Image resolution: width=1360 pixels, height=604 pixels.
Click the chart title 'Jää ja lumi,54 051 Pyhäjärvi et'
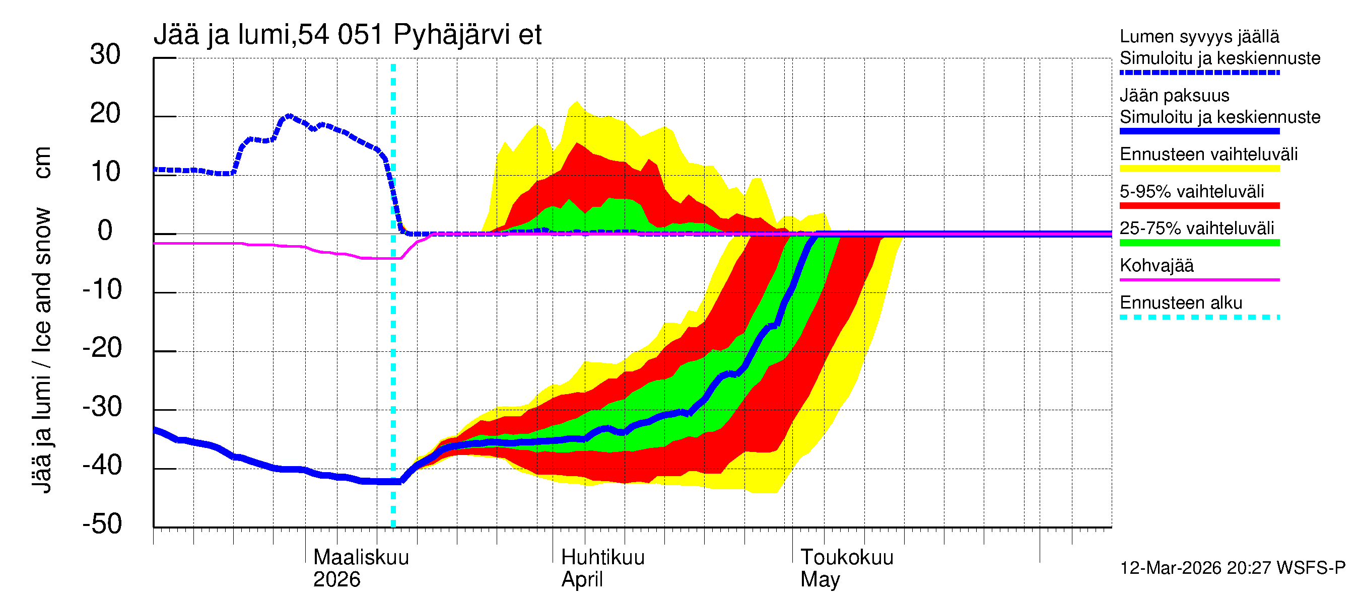click(x=348, y=35)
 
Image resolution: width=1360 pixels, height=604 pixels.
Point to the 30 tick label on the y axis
click(x=105, y=55)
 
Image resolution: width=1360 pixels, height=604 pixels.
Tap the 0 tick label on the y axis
click(x=105, y=231)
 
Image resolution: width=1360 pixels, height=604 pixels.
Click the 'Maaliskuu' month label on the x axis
click(x=361, y=558)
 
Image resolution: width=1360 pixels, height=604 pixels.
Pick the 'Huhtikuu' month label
click(x=602, y=558)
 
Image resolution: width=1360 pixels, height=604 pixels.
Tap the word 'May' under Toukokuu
click(x=820, y=580)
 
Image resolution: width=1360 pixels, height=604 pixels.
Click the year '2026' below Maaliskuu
click(x=336, y=580)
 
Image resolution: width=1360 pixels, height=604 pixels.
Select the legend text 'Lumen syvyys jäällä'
click(x=1199, y=36)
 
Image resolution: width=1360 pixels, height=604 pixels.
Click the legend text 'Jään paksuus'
click(x=1174, y=96)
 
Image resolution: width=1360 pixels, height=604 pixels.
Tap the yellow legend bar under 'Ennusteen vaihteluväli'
click(x=1199, y=169)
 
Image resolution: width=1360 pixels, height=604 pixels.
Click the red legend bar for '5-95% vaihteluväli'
click(x=1199, y=206)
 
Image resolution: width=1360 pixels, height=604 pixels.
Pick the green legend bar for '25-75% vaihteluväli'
click(x=1199, y=243)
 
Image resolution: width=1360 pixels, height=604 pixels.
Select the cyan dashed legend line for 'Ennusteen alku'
click(x=1199, y=317)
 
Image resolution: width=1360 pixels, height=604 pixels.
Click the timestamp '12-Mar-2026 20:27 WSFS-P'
click(x=1232, y=568)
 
